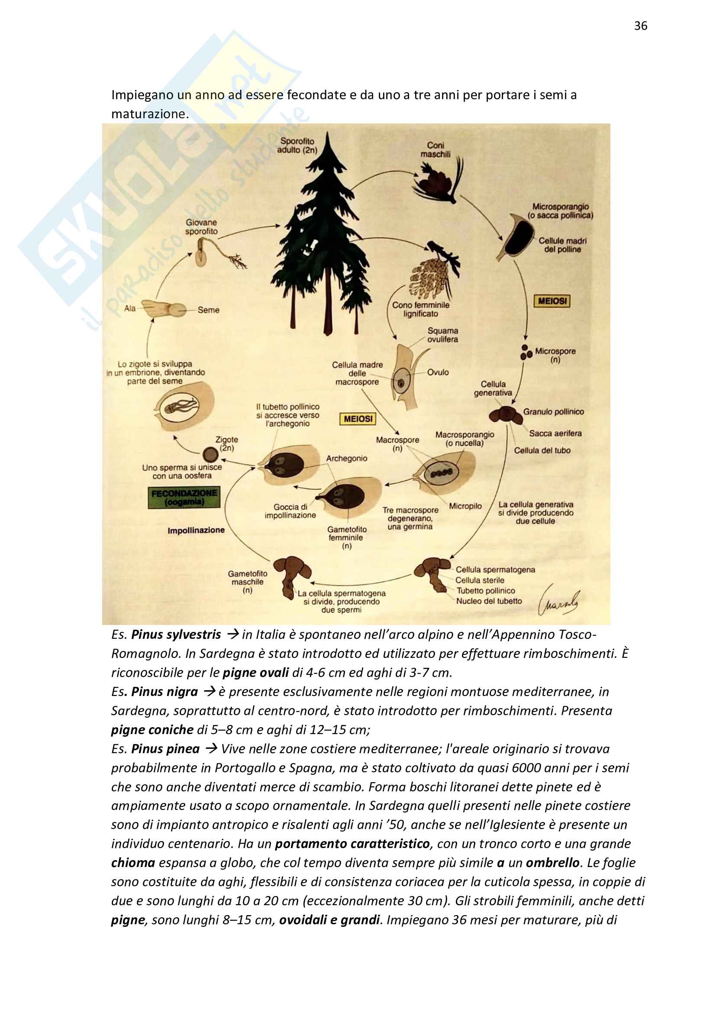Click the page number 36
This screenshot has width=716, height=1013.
click(640, 26)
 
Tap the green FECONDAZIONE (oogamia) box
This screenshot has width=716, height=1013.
click(184, 497)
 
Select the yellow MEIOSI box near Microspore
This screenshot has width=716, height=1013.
click(552, 301)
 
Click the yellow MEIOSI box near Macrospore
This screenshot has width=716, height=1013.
click(358, 418)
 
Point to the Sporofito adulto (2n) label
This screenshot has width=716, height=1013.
click(297, 145)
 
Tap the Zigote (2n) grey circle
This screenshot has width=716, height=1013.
click(210, 454)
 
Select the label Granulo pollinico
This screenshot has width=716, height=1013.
click(553, 411)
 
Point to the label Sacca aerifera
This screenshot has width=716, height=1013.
click(555, 433)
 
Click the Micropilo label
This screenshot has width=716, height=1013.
click(465, 505)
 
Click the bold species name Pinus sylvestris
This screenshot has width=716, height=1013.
click(176, 634)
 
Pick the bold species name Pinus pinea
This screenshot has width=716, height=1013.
click(165, 749)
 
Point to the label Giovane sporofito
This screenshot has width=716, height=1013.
click(201, 227)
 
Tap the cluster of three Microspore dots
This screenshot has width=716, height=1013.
click(526, 352)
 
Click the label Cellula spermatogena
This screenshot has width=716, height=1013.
click(495, 570)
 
